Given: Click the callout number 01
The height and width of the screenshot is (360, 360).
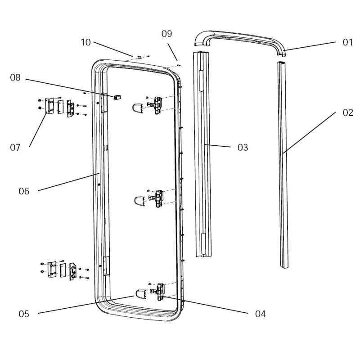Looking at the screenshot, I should coord(347,43).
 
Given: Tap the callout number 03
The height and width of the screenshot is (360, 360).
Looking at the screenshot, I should coord(243,148).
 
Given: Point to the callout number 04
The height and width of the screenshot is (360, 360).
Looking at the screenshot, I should coord(260,314).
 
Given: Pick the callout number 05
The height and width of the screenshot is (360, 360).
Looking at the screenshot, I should coord(24,314).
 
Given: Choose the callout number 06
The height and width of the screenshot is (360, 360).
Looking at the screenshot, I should coord(24,191).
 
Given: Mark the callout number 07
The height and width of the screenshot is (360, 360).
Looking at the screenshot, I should coord(16,147).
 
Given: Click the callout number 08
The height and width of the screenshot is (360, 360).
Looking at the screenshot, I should coord(16,78).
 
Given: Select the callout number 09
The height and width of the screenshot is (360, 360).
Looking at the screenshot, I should coord(167,34).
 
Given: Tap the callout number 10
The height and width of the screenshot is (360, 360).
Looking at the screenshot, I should coord(86,42).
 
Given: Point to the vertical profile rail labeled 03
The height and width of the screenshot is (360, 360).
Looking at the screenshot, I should coord(203,153).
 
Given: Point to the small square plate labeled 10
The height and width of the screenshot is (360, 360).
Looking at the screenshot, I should coord(139,58).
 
